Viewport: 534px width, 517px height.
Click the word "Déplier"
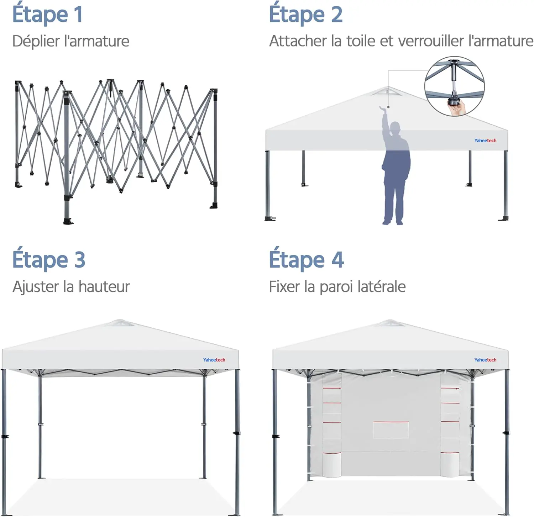point(36,41)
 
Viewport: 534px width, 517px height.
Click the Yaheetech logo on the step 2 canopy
point(485,141)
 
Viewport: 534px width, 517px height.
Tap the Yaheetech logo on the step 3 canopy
point(214,360)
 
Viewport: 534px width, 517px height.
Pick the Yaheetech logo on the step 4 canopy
point(485,360)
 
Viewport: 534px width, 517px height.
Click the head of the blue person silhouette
point(395,128)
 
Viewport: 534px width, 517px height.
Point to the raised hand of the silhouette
point(383,109)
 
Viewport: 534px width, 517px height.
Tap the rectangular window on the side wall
point(391,430)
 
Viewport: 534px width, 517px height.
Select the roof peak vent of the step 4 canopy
point(389,323)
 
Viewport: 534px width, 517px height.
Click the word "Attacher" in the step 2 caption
point(298,41)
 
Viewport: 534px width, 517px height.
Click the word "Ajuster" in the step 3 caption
point(36,287)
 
